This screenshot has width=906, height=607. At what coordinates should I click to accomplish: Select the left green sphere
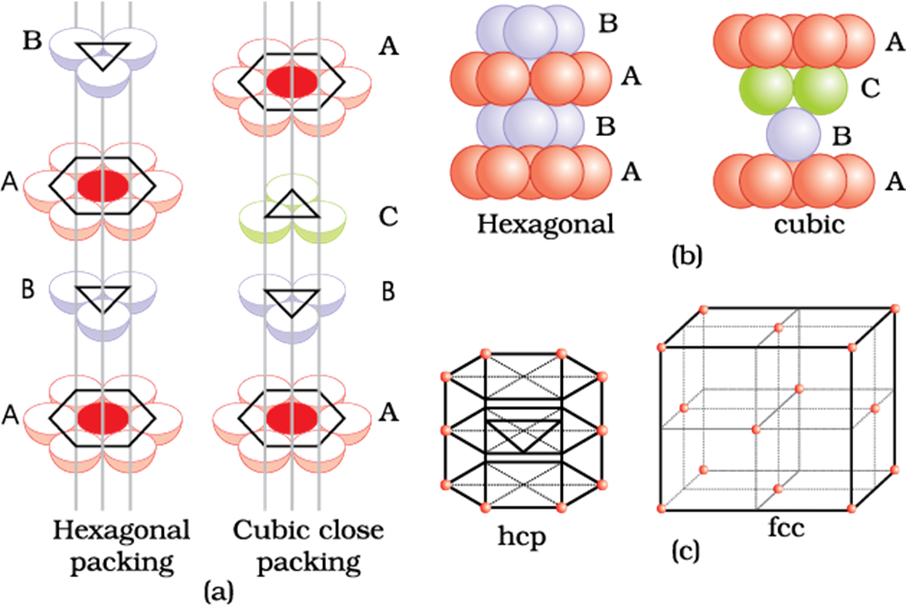(766, 90)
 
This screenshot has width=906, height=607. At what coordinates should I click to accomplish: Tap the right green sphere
(820, 90)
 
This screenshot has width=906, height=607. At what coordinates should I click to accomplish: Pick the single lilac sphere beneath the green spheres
(793, 133)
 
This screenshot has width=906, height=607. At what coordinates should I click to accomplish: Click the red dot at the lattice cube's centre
(756, 428)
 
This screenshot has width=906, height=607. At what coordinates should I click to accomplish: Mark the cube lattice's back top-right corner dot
(895, 309)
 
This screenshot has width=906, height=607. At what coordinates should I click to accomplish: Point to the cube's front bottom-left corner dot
(662, 509)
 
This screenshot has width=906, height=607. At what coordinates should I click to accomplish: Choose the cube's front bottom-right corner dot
(852, 509)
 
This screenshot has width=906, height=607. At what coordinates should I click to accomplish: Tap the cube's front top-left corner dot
(662, 347)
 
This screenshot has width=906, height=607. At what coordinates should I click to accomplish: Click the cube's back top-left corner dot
(705, 310)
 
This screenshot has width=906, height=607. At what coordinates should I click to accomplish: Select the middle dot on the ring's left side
(445, 429)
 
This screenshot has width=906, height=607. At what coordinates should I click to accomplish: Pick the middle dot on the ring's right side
(603, 429)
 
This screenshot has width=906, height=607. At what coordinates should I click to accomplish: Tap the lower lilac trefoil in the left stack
(102, 299)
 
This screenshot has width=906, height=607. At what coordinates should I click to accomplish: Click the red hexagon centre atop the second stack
(291, 82)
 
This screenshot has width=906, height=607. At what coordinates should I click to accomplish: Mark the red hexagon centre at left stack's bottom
(102, 418)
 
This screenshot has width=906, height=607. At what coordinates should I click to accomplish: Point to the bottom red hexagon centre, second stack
(291, 418)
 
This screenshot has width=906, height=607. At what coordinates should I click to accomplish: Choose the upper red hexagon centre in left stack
(102, 184)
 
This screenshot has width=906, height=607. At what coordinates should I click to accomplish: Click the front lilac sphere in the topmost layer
(530, 30)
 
